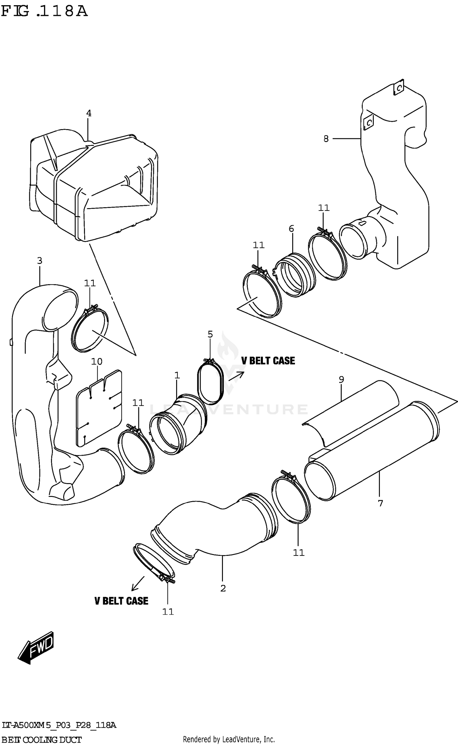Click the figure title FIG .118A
pyautogui.click(x=44, y=12)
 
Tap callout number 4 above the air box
pyautogui.click(x=89, y=113)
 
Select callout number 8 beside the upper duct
pyautogui.click(x=326, y=139)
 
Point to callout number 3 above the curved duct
pyautogui.click(x=40, y=261)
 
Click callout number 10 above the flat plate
pyautogui.click(x=96, y=362)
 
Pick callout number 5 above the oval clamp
pyautogui.click(x=210, y=334)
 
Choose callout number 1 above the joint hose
pyautogui.click(x=177, y=375)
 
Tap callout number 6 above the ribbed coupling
pyautogui.click(x=291, y=228)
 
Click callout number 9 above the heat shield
pyautogui.click(x=341, y=379)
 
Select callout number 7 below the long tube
pyautogui.click(x=380, y=503)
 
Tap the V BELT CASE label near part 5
pyautogui.click(x=268, y=361)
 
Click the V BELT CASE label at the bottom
pyautogui.click(x=121, y=601)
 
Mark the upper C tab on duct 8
pyautogui.click(x=398, y=88)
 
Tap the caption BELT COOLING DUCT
pyautogui.click(x=42, y=737)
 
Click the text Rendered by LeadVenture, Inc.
pyautogui.click(x=229, y=737)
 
